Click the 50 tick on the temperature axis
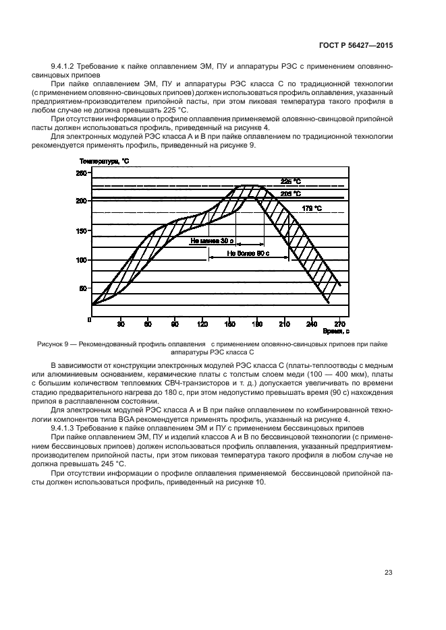[x=82, y=288]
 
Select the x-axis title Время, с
[x=335, y=332]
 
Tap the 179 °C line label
[x=311, y=208]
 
